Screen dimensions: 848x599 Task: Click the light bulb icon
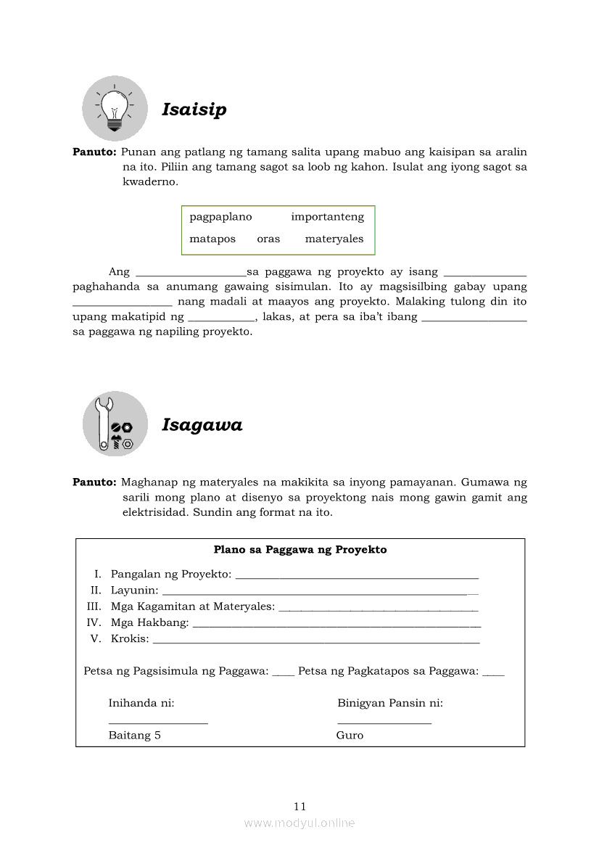pos(115,109)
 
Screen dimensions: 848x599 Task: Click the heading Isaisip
pos(194,110)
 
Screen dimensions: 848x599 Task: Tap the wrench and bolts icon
pos(115,424)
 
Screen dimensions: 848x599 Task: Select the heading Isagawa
pos(202,425)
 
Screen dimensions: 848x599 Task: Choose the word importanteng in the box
pos(328,217)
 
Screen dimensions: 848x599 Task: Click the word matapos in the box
pos(212,239)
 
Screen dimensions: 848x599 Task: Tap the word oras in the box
pos(268,239)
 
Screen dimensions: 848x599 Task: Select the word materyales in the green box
pos(334,239)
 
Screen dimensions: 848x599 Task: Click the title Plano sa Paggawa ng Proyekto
pos(300,550)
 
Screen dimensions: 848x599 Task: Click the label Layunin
pos(134,590)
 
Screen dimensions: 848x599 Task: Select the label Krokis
pos(130,639)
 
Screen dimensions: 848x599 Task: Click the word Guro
pos(350,736)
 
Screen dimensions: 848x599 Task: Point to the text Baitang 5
pos(134,736)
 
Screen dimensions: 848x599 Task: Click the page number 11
pos(300,806)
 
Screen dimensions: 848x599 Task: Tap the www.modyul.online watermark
pos(299,823)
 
